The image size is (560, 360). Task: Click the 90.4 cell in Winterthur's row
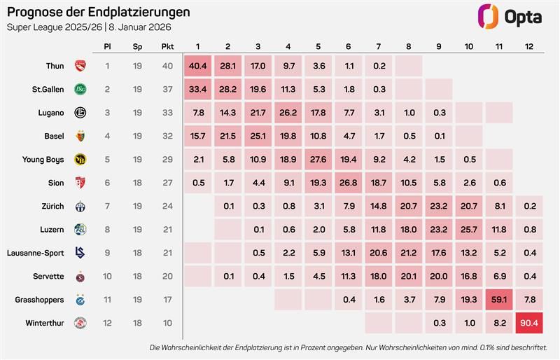click(x=529, y=323)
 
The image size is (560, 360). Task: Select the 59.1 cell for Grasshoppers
click(x=499, y=300)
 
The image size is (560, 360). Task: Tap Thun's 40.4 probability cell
click(x=198, y=66)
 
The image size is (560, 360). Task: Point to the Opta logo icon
click(x=488, y=16)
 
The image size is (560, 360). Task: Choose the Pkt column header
click(x=167, y=46)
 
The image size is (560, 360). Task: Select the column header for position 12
click(x=529, y=46)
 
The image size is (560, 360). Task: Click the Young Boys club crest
click(x=80, y=160)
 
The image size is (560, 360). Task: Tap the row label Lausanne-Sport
click(x=36, y=253)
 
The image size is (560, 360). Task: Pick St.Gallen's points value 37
click(x=167, y=90)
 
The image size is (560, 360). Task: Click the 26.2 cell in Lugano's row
click(x=288, y=113)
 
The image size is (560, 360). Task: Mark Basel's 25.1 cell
click(x=258, y=136)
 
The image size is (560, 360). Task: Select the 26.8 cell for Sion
click(x=349, y=183)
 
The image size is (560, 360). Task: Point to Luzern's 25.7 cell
click(x=469, y=230)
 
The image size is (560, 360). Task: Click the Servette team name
click(x=48, y=277)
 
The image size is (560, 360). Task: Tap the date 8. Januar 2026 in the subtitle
click(x=140, y=27)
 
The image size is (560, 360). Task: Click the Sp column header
click(x=137, y=47)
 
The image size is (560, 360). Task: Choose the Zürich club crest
click(x=80, y=207)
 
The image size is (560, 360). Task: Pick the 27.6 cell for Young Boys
click(x=318, y=160)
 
